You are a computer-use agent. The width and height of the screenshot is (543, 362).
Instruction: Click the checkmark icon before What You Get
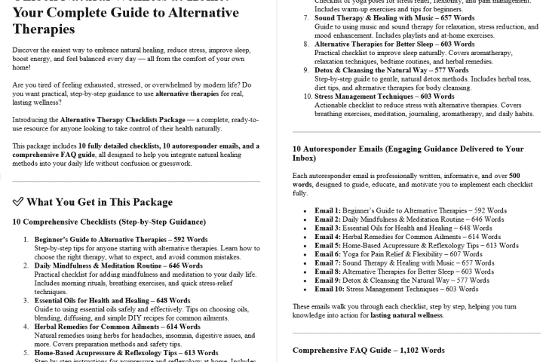pos(18,202)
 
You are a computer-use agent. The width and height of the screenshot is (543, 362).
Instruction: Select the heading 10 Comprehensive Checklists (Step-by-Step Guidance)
pos(109,222)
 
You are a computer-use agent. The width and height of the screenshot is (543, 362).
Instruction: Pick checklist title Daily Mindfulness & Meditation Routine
pos(108,266)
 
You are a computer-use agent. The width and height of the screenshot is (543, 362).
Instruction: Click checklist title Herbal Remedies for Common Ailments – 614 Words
pos(106,327)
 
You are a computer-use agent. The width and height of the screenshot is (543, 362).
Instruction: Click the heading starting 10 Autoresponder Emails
pos(407,154)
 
